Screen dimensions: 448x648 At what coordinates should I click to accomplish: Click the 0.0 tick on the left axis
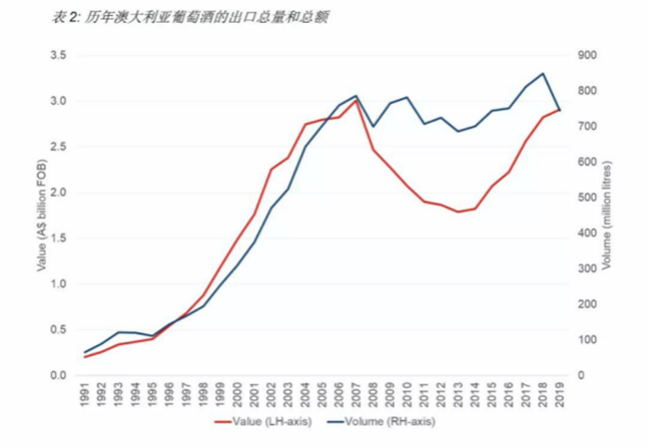click(x=57, y=375)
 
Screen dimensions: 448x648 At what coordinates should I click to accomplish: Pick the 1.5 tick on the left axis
click(x=57, y=238)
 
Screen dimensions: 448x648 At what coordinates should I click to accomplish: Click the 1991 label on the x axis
click(x=86, y=390)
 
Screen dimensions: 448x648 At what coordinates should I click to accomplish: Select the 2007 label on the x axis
click(x=356, y=390)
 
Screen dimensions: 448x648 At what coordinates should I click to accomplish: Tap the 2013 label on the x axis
click(x=458, y=390)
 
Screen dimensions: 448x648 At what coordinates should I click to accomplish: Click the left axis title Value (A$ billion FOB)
click(x=41, y=216)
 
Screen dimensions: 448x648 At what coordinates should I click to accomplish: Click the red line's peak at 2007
click(x=356, y=100)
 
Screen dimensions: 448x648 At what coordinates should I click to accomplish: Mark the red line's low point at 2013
click(x=458, y=212)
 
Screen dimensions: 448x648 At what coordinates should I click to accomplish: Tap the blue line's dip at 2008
click(x=373, y=127)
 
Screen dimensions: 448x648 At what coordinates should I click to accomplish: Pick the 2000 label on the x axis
click(x=237, y=390)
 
